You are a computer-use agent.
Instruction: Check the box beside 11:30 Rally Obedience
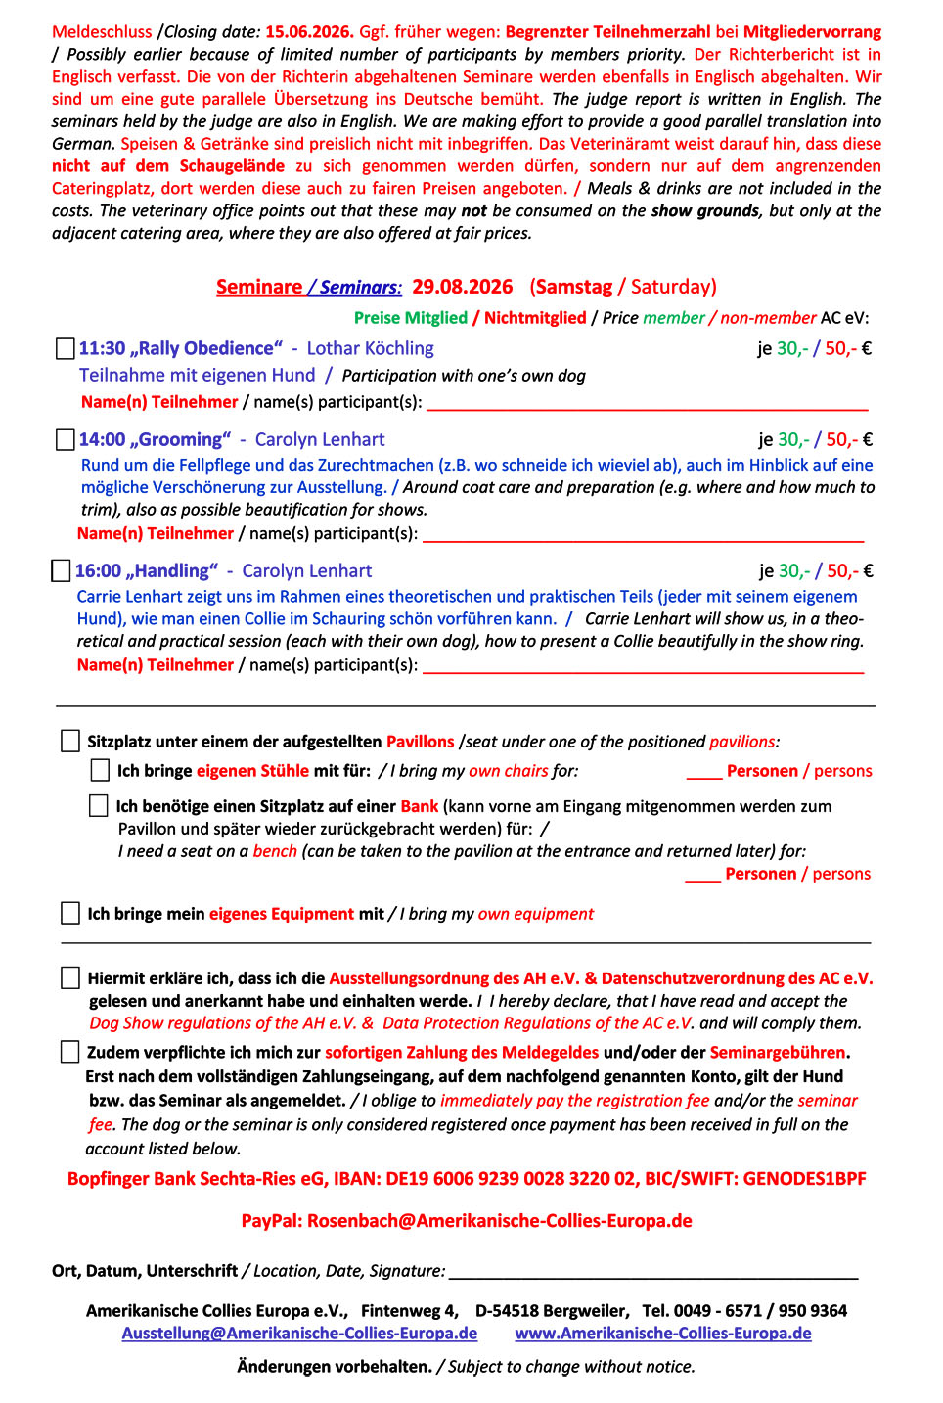66,348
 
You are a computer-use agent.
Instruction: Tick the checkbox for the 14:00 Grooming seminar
66,439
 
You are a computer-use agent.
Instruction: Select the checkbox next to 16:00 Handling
61,570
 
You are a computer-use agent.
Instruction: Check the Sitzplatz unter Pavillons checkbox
70,741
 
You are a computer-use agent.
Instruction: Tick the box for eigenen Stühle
100,770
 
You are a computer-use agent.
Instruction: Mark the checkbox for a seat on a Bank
99,805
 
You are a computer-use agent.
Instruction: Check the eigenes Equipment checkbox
70,913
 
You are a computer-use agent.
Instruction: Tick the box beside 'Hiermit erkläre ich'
70,977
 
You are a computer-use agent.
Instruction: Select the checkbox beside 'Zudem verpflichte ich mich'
69,1052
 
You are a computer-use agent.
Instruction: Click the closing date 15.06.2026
309,32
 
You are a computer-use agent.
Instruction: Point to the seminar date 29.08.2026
462,287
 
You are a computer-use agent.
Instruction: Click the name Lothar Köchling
370,348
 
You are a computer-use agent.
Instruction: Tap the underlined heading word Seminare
259,287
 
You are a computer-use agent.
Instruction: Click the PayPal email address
499,1221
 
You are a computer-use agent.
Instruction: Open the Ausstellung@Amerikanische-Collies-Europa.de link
299,1334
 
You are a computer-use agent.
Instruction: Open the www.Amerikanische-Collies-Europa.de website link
663,1334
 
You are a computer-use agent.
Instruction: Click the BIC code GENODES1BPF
804,1178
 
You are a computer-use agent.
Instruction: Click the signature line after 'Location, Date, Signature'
653,1272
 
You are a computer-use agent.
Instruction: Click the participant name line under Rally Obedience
648,403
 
